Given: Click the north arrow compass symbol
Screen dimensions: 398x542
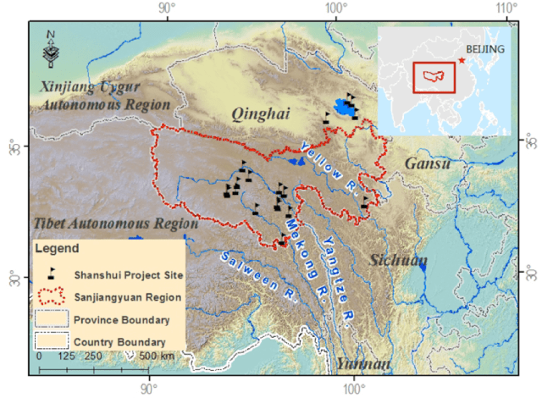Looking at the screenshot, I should pyautogui.click(x=51, y=48).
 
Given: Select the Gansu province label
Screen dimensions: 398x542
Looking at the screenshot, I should pyautogui.click(x=427, y=163).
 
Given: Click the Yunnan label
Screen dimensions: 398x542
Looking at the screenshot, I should pyautogui.click(x=362, y=363).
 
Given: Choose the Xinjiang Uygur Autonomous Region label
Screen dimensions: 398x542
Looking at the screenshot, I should pyautogui.click(x=105, y=95).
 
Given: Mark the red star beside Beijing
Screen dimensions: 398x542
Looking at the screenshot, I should pyautogui.click(x=461, y=60).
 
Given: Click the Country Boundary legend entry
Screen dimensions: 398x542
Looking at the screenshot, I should pyautogui.click(x=119, y=342).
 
